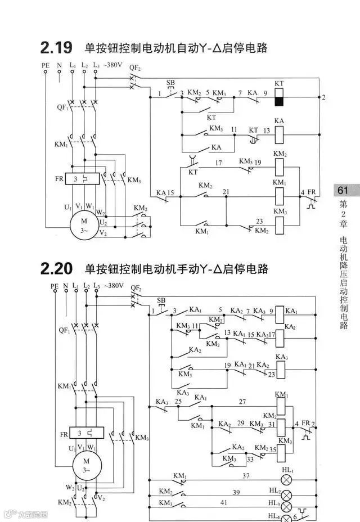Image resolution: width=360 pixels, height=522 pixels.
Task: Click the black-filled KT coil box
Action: pos(279,101)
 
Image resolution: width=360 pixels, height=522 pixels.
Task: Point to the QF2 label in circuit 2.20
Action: pos(136,289)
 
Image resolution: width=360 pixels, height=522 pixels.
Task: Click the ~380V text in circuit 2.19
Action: pos(112,65)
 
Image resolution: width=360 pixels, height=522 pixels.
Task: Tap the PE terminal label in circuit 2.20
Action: pos(54,286)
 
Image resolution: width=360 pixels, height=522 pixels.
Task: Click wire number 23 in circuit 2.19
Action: pos(260,220)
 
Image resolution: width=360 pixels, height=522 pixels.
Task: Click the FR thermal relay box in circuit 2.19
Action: pos(83,178)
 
